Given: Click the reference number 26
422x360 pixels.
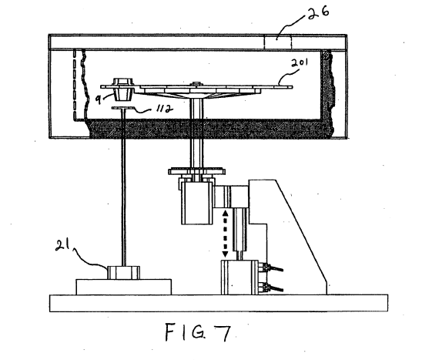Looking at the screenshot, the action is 318,13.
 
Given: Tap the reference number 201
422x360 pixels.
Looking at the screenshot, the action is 299,63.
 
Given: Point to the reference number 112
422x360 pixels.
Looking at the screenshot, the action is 164,109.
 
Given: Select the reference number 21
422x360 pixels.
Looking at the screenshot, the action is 62,245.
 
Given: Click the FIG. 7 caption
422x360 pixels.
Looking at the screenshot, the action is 198,333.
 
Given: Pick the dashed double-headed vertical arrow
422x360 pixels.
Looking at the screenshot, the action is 225,234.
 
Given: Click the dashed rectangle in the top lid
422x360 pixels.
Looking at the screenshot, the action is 277,42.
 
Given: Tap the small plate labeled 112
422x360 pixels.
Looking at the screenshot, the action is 123,108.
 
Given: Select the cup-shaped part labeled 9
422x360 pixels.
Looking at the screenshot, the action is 123,89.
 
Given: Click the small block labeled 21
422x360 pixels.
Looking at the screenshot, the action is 123,272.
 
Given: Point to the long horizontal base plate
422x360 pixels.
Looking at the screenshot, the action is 219,303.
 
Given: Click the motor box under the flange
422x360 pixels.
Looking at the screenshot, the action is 198,203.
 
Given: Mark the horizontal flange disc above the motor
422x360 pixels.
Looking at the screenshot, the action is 196,171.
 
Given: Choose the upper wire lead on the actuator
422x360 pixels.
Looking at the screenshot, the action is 275,268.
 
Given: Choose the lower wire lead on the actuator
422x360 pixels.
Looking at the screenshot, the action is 275,288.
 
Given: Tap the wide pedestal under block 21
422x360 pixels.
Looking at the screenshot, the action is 124,287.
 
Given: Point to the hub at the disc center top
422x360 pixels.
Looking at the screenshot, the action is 196,84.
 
